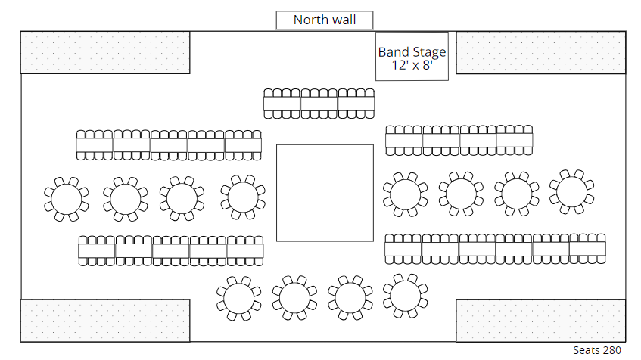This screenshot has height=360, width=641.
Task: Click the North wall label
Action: (x=324, y=20)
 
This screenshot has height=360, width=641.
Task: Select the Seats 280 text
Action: (x=596, y=350)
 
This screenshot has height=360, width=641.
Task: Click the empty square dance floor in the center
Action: (x=325, y=192)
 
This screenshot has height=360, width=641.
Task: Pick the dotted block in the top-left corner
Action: (x=105, y=52)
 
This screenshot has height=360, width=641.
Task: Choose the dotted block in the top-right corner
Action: (x=540, y=52)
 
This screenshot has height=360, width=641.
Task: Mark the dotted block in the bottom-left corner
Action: (x=105, y=320)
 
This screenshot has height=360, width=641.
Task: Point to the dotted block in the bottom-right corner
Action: (x=540, y=320)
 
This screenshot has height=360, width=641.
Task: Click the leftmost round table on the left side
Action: (x=67, y=199)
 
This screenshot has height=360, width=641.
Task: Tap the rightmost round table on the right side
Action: (x=571, y=192)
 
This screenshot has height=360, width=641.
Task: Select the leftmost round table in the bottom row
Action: (x=238, y=297)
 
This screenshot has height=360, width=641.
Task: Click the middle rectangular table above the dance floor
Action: (x=319, y=104)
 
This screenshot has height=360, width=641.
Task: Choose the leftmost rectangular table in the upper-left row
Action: (x=95, y=144)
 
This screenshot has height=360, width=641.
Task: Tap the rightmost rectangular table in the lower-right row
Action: (x=587, y=249)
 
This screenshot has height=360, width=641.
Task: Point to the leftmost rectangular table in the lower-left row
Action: (x=97, y=250)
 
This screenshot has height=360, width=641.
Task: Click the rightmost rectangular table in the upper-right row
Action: (x=515, y=140)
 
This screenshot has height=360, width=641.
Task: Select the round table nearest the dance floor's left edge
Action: (x=243, y=197)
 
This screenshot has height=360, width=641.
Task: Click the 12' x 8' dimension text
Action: (x=412, y=65)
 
